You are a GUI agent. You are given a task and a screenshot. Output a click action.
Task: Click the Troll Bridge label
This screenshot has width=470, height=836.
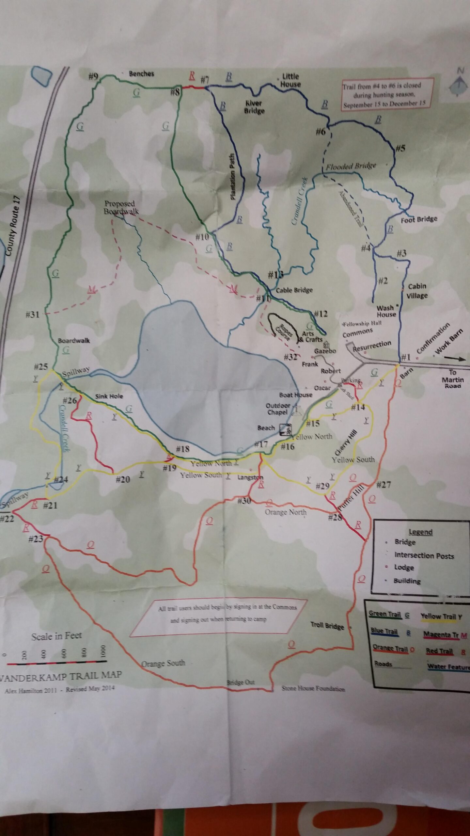(327, 626)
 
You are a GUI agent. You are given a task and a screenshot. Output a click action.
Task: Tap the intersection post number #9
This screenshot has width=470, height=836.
(93, 76)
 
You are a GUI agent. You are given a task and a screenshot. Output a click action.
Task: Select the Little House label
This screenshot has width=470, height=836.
(290, 80)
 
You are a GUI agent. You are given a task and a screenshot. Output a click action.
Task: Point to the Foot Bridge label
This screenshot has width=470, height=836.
(419, 219)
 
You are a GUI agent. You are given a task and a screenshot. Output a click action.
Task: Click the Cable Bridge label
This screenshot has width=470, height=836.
(294, 290)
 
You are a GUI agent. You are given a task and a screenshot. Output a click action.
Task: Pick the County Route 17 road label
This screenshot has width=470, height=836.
(13, 226)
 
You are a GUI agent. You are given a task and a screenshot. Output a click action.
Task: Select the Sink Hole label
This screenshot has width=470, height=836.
(109, 396)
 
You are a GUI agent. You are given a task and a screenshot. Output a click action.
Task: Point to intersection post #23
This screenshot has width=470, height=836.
(36, 539)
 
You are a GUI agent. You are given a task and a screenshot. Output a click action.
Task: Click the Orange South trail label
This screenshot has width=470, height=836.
(163, 663)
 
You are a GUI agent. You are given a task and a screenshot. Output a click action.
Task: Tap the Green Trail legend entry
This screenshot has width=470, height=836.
(385, 614)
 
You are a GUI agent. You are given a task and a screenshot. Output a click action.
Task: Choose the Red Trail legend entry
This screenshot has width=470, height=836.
(439, 651)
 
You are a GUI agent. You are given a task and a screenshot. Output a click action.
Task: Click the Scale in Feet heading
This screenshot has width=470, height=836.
(56, 636)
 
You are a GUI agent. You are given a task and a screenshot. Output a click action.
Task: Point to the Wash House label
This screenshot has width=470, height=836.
(386, 311)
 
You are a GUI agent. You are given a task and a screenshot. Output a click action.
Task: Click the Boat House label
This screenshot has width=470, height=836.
(296, 395)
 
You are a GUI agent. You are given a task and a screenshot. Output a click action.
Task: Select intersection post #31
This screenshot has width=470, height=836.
(33, 314)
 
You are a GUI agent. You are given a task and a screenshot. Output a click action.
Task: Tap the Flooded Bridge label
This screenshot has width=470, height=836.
(351, 166)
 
